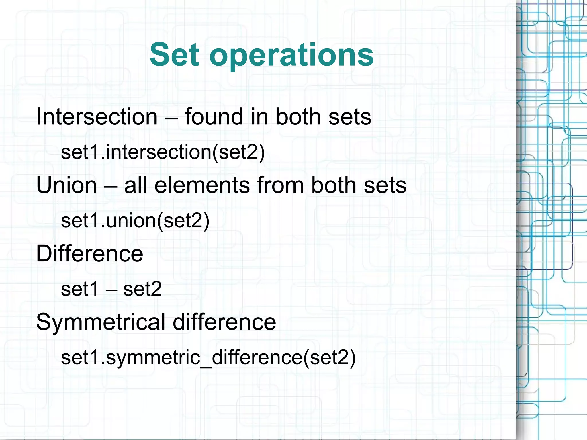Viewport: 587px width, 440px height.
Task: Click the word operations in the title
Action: pos(291,56)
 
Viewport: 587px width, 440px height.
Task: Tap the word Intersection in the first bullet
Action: pos(97,117)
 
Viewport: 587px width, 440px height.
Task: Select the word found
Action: pos(214,117)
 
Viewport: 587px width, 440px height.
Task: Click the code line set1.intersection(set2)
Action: pos(163,152)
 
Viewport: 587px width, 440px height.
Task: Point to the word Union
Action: pos(66,185)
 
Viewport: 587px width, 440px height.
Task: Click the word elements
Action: pos(202,185)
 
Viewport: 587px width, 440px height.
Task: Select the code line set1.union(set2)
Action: pos(135,220)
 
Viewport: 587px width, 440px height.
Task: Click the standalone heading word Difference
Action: pos(89,254)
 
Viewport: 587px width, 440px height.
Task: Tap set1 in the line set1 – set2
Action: pos(80,289)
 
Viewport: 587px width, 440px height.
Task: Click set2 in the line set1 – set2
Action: pos(142,289)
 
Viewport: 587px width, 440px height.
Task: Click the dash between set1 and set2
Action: pos(111,290)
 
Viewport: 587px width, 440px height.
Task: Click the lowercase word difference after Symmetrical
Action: pos(224,322)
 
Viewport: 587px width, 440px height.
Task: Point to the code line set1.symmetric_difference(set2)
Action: pos(208,357)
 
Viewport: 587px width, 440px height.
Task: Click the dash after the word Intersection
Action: pos(171,118)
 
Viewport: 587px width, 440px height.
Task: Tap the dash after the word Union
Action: pos(111,186)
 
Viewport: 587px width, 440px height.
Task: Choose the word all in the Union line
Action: pos(136,185)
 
